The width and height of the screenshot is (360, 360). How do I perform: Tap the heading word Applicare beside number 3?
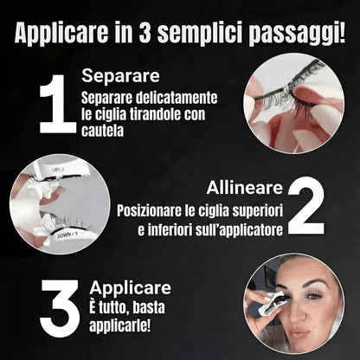pos(128,288)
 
